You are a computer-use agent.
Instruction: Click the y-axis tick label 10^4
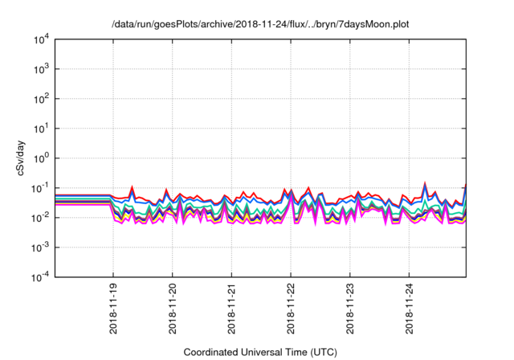[x=40, y=39]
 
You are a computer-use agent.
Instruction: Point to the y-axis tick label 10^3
[x=40, y=68]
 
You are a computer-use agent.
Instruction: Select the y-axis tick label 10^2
[x=40, y=98]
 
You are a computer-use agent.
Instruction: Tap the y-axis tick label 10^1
[x=40, y=128]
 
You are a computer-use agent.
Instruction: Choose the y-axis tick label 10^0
[x=40, y=157]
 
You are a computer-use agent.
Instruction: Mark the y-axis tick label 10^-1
[x=40, y=187]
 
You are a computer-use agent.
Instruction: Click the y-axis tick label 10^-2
[x=40, y=217]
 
